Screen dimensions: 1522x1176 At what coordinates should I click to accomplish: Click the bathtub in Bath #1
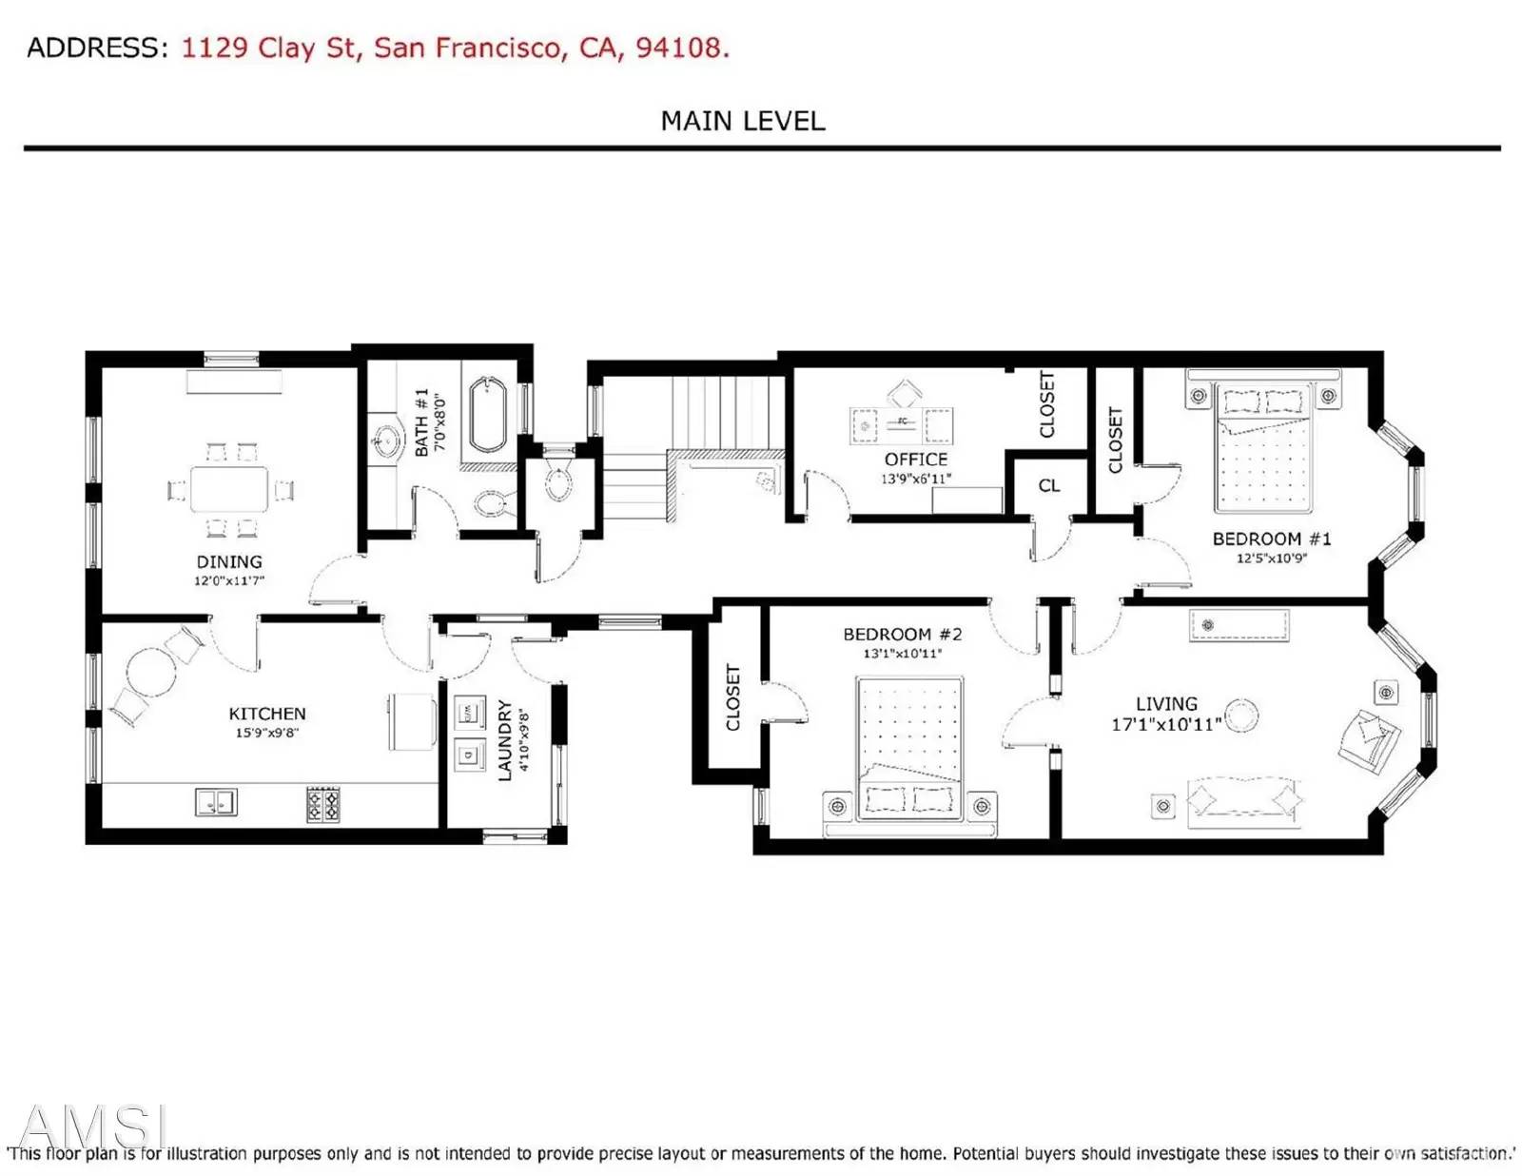click(x=487, y=416)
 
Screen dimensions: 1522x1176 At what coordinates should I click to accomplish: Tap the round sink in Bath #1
click(x=386, y=440)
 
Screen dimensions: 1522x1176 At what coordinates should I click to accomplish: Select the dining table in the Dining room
click(x=229, y=489)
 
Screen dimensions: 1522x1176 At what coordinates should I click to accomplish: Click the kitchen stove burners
click(x=322, y=805)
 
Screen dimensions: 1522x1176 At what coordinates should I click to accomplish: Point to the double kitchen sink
click(x=216, y=802)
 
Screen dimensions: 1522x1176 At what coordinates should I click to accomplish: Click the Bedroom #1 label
click(x=1271, y=539)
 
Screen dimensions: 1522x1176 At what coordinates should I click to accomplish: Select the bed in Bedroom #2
click(x=909, y=748)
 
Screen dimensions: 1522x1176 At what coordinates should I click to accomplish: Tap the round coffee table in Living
click(x=1240, y=715)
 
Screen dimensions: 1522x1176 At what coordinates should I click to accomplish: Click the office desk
click(x=902, y=425)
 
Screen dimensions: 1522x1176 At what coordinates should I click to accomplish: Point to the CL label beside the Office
click(x=1049, y=485)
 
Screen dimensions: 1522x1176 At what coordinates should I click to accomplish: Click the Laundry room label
click(x=506, y=740)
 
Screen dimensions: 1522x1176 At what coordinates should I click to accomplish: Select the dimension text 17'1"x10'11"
click(x=1166, y=725)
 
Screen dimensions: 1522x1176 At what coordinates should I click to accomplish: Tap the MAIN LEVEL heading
click(x=743, y=121)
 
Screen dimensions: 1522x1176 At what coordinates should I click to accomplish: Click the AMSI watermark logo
click(x=93, y=1126)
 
